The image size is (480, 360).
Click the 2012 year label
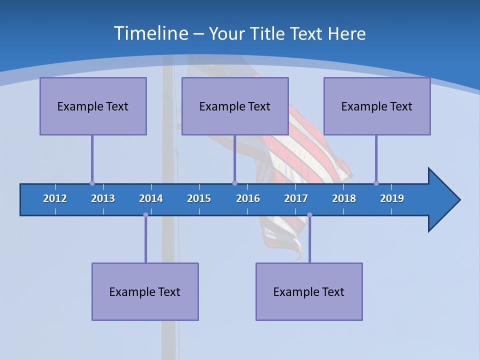[55, 198]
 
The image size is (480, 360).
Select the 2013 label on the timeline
[103, 198]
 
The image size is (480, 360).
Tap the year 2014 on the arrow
[151, 198]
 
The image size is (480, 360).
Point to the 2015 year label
[199, 198]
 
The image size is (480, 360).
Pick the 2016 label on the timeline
[248, 198]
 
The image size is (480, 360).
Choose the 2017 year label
[296, 198]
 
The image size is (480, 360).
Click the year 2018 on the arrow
[344, 198]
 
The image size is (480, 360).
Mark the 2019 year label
[392, 198]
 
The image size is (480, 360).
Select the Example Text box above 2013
[93, 106]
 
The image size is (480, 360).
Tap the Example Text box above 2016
[235, 106]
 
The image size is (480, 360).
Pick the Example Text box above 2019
[377, 106]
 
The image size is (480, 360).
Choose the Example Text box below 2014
[145, 291]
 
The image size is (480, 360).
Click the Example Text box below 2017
[309, 291]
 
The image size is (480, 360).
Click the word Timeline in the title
[150, 33]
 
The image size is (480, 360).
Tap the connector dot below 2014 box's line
[145, 215]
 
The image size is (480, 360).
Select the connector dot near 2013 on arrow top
[92, 183]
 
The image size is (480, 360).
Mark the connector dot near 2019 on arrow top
[376, 183]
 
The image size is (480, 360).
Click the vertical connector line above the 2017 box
[309, 240]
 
